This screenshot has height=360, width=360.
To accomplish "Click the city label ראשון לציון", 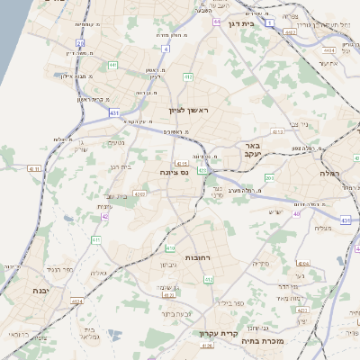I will tap(188, 110).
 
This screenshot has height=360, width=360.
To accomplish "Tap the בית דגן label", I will tap(262, 24).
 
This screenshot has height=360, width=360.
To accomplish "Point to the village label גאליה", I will tap(99, 273).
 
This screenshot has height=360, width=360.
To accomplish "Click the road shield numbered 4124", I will tap(78, 301).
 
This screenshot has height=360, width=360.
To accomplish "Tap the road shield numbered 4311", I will tap(33, 168).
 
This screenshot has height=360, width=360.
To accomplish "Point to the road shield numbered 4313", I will tap(277, 131).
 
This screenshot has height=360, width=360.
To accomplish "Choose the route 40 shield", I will tap(298, 213).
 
